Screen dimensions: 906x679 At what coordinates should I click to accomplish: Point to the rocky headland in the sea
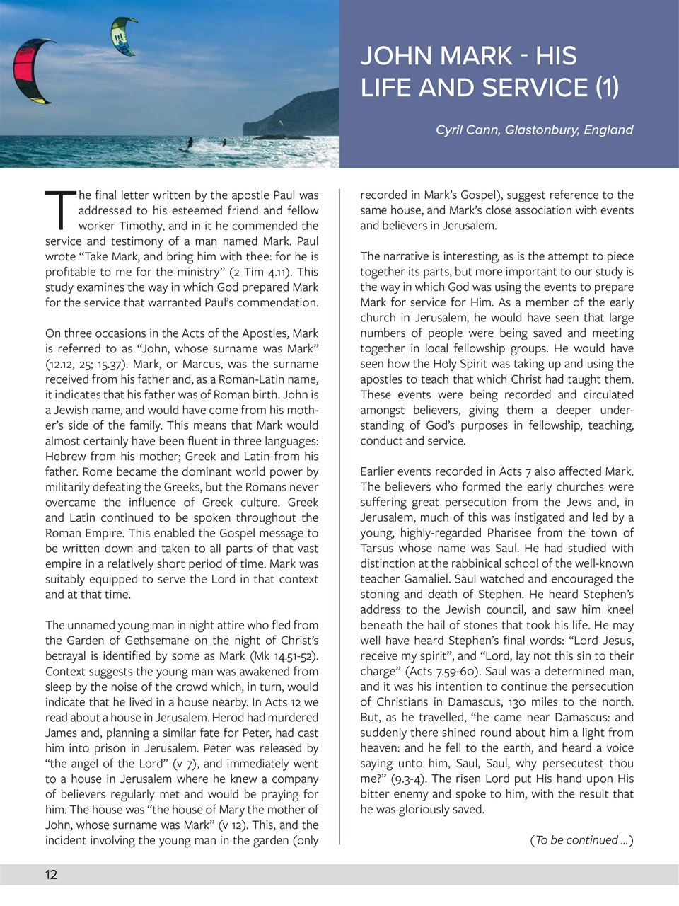coord(297,117)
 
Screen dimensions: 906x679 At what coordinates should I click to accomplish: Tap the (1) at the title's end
coord(606,88)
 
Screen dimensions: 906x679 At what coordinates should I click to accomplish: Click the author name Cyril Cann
coord(466,130)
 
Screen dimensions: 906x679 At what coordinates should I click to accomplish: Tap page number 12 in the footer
coord(51,875)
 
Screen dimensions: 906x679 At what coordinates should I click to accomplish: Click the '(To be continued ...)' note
coord(581,840)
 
